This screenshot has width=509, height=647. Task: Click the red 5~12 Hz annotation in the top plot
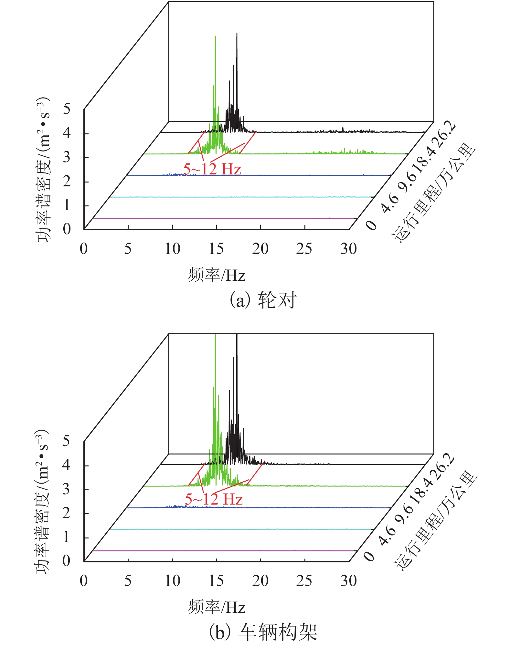click(212, 169)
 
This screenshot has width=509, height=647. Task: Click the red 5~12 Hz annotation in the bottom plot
click(214, 499)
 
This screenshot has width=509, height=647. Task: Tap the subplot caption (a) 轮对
click(263, 300)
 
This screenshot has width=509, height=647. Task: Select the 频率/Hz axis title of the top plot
click(216, 276)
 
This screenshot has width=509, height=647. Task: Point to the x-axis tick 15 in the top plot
click(216, 249)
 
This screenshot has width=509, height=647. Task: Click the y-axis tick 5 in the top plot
click(67, 109)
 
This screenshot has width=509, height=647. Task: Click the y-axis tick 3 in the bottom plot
click(66, 489)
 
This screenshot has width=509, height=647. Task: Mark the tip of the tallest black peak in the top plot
click(237, 33)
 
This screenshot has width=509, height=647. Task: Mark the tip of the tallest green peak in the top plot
click(215, 37)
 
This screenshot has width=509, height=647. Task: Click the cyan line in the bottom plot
click(242, 529)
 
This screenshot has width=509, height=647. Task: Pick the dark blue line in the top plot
click(259, 175)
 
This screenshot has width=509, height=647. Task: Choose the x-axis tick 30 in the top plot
click(349, 249)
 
